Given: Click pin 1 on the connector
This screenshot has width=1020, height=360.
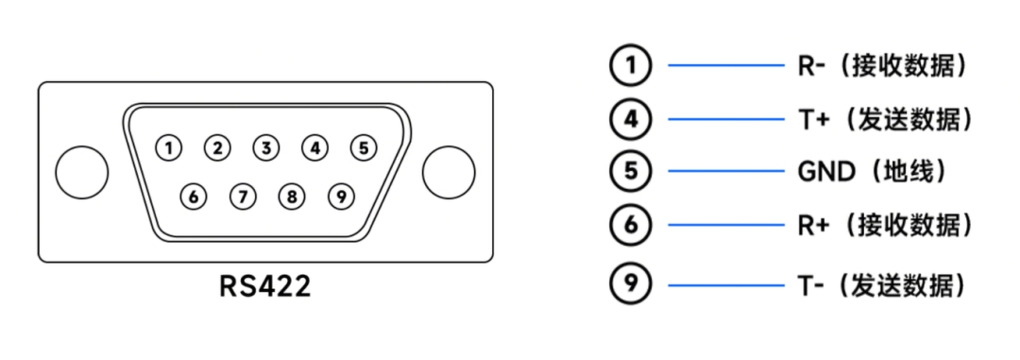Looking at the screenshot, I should click(169, 147).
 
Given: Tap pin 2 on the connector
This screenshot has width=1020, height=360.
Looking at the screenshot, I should click(218, 147).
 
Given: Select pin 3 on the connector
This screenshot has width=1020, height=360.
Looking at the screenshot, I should click(267, 147).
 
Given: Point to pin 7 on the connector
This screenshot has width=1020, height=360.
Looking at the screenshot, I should click(243, 197).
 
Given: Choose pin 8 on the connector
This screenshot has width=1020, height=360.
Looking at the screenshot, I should click(292, 197).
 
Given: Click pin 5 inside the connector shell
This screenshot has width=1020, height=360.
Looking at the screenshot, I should click(364, 147).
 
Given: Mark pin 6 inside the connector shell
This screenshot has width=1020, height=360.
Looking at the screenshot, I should click(194, 197).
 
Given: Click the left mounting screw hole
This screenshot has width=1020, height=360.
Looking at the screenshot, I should click(82, 172).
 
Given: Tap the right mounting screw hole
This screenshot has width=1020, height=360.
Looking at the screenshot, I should click(449, 172).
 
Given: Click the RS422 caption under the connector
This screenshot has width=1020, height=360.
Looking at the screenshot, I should click(265, 286).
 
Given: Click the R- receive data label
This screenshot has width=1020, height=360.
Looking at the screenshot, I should click(883, 65).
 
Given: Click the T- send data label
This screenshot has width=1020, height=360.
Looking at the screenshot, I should click(883, 283).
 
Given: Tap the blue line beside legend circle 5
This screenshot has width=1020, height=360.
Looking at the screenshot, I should click(726, 172).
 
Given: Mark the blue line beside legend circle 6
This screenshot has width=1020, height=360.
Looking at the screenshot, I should click(726, 226).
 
